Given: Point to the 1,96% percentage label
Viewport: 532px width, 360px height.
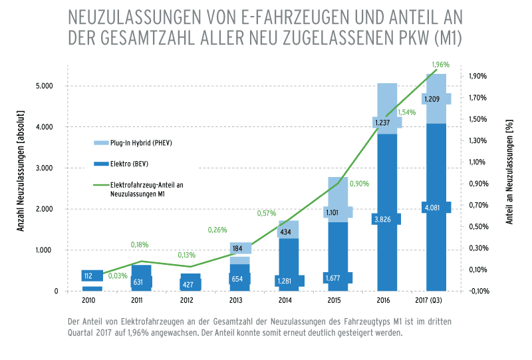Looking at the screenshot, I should point(440,65).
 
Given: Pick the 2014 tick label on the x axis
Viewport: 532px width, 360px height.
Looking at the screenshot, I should point(286,300).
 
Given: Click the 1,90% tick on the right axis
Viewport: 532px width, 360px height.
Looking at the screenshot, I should point(479,76).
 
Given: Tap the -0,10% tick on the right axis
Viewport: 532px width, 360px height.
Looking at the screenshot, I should point(479,291).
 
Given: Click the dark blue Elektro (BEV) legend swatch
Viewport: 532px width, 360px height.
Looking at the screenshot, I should point(100,163).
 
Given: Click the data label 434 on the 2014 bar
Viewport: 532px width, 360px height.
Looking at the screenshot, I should point(287,232).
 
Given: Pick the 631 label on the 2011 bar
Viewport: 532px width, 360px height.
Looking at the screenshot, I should point(138,281).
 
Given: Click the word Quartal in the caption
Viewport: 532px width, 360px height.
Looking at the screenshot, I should point(82,333).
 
